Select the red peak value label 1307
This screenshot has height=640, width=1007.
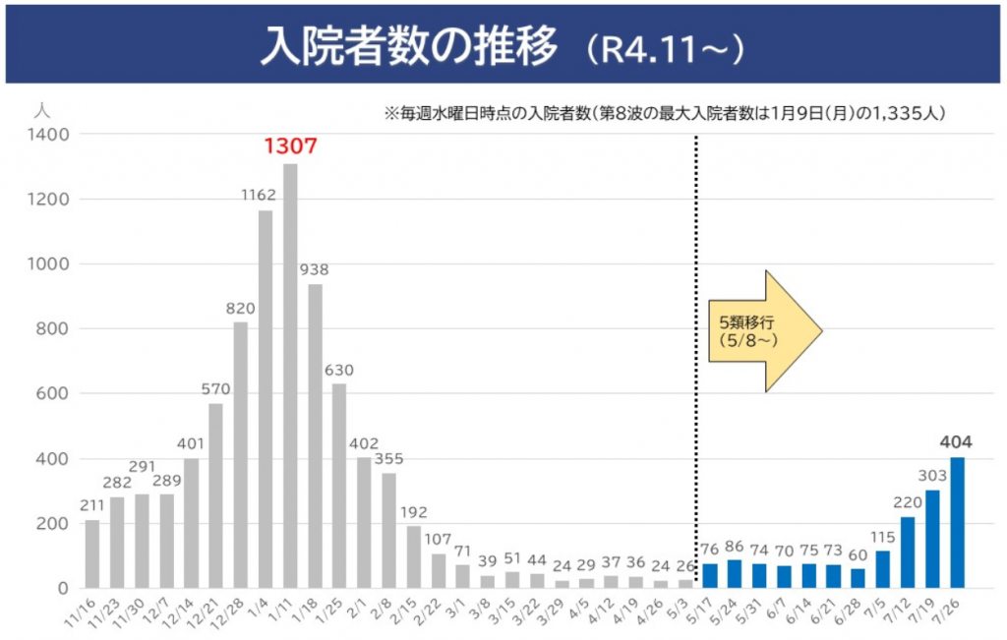click(290, 147)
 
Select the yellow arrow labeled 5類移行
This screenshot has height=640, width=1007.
click(764, 333)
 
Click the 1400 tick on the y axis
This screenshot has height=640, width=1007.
click(49, 134)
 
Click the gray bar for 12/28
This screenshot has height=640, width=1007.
click(241, 454)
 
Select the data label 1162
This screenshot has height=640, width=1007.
click(265, 195)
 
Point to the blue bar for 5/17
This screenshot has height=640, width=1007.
click(710, 575)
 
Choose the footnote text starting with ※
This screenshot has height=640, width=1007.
click(665, 114)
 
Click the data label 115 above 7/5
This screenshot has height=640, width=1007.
click(883, 536)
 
